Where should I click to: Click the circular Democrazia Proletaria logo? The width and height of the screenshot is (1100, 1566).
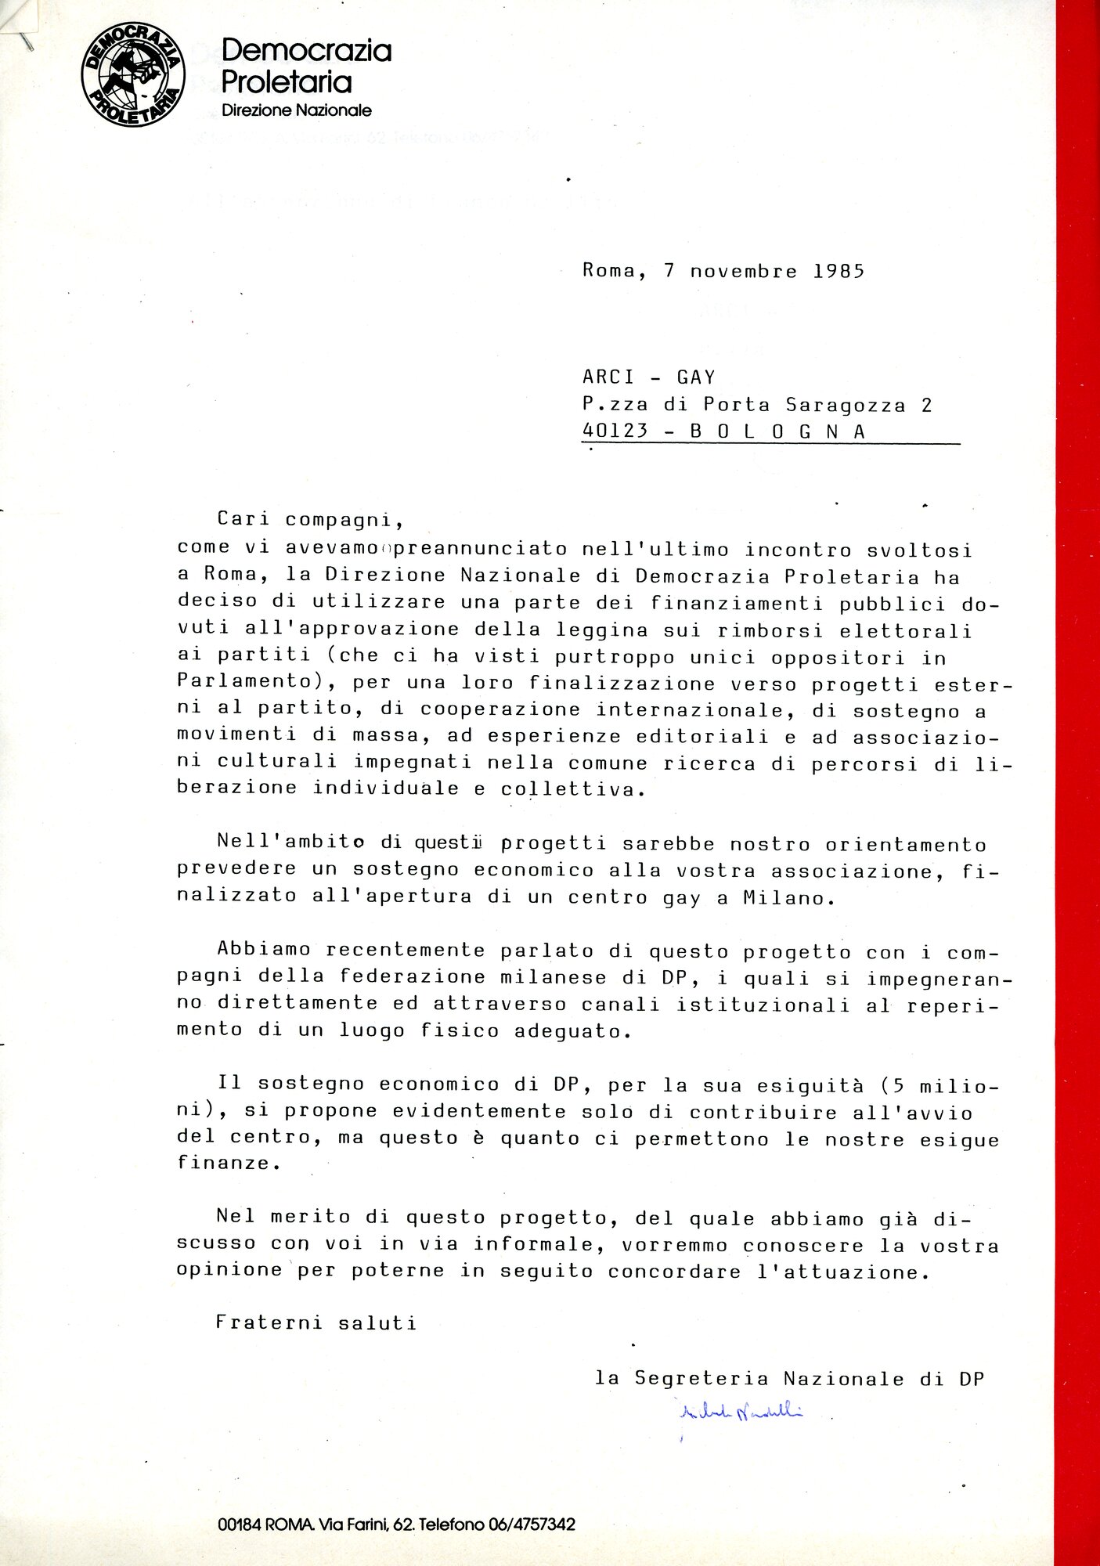(133, 74)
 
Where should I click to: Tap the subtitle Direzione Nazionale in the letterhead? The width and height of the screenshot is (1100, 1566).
(296, 110)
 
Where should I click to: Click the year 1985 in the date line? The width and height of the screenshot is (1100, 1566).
(839, 272)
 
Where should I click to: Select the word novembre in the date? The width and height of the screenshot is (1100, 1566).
(743, 272)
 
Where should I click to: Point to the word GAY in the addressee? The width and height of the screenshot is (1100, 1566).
(696, 377)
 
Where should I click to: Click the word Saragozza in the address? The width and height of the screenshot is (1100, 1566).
(846, 405)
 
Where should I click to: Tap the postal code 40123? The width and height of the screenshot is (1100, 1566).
(615, 431)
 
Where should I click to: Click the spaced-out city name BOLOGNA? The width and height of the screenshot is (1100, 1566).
(777, 431)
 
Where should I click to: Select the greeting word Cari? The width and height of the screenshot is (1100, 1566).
(243, 518)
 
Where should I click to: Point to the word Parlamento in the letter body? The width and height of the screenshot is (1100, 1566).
(244, 680)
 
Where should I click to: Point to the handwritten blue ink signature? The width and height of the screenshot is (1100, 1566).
(740, 1412)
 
